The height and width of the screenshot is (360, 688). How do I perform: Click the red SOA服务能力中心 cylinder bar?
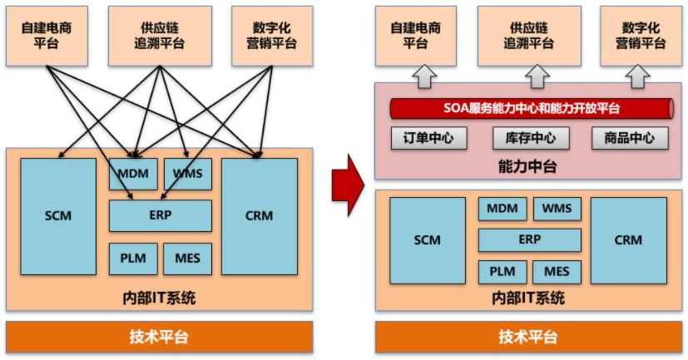pos(530,109)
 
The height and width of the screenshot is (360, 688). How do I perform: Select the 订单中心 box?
pos(428,138)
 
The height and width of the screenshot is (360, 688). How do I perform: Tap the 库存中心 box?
pos(530,138)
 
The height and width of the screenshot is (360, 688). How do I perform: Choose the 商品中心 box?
pos(630,138)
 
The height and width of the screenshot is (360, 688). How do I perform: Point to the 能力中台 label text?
pos(530,167)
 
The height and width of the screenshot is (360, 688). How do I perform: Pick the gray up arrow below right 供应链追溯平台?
pos(530,76)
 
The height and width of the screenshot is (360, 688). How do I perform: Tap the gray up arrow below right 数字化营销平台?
pos(639,76)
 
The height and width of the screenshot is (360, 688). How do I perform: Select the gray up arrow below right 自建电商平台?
pos(423,76)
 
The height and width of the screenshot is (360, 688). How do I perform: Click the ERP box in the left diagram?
pos(160,215)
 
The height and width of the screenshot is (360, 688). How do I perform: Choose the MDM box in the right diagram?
pos(502,209)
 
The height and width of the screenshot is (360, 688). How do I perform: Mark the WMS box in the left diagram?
pos(187,174)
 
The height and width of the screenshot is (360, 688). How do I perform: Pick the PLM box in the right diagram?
pos(502,271)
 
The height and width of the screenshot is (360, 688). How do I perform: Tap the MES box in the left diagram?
pos(187,259)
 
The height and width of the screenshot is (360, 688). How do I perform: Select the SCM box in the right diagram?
pos(428,240)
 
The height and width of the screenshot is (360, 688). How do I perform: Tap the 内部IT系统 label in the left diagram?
pos(160,298)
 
